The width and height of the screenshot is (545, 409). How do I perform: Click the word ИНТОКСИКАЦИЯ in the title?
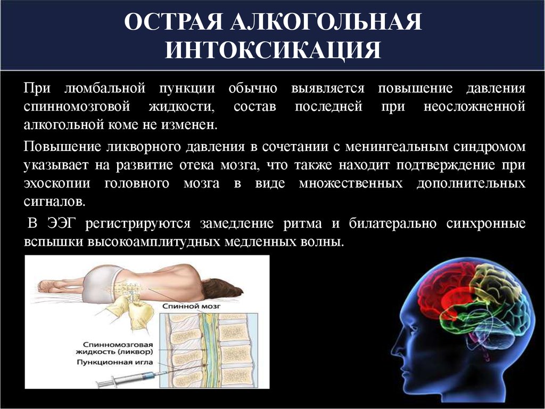[x=273, y=50]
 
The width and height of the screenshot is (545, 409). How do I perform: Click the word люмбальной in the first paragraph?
[x=105, y=88]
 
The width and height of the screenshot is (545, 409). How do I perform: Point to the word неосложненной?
[x=474, y=106]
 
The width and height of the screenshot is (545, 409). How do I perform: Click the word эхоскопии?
[x=57, y=183]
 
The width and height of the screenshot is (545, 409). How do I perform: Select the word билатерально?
[x=393, y=223]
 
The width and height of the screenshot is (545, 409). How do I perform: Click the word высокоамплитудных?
[x=154, y=242]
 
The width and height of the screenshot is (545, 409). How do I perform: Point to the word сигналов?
[x=55, y=202]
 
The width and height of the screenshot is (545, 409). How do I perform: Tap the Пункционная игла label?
[x=114, y=362]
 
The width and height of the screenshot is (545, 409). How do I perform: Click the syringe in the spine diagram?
[x=127, y=379]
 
